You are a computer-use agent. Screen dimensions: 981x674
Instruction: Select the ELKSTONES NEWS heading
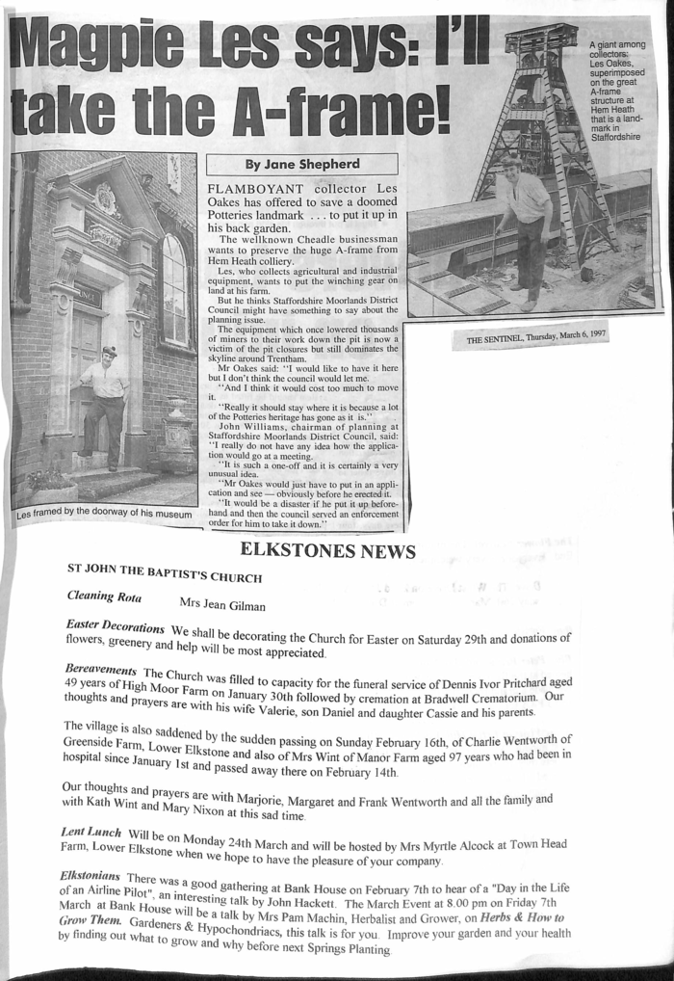point(327,551)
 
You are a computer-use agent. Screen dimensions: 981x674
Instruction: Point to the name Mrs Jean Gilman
point(221,605)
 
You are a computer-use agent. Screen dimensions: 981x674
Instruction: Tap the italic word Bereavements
point(100,669)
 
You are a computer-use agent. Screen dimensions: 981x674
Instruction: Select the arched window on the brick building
point(174,289)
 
